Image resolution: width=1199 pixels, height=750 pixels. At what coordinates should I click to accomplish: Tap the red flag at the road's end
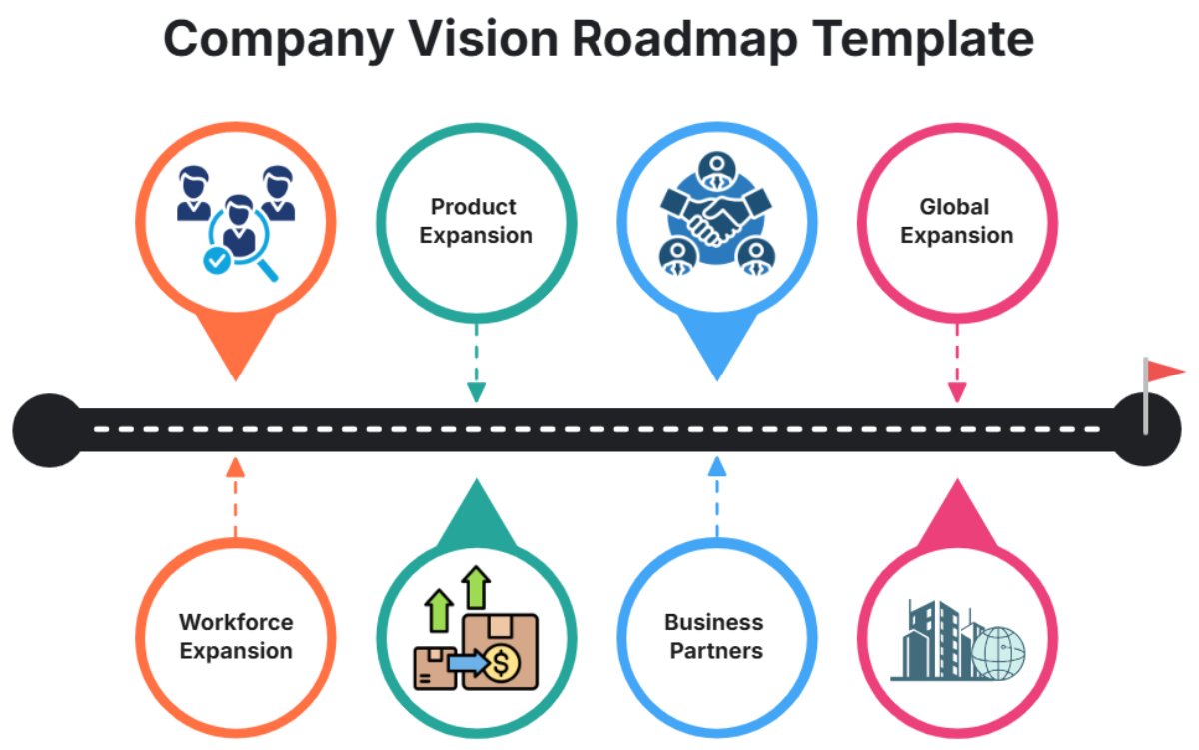coord(1164,373)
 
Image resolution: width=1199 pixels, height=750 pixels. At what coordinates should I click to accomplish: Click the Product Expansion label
coord(476,221)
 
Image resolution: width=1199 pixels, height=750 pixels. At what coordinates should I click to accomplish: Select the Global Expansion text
coord(957,221)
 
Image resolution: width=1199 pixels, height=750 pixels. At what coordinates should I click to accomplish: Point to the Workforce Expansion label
coord(236,636)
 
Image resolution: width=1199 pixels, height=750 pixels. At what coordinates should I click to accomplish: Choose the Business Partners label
coord(715,636)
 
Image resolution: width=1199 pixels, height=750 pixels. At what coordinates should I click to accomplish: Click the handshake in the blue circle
coord(715,218)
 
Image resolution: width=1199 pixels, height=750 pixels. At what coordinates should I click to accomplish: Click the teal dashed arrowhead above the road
coord(476,392)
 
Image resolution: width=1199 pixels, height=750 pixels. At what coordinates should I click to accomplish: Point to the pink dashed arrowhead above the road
coord(957,392)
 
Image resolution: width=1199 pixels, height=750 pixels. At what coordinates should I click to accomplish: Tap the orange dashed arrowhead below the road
coord(235,467)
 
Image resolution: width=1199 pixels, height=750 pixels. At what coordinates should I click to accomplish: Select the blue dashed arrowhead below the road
coord(716,467)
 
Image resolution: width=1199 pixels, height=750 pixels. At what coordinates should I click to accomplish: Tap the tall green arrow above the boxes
coord(477,588)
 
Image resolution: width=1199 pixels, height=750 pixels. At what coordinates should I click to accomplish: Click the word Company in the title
coord(275,38)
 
